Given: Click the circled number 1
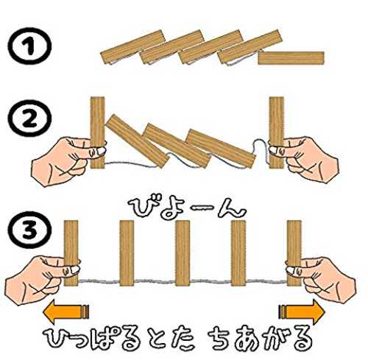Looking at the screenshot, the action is point(29,46).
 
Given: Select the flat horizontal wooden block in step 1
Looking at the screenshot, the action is point(291,58).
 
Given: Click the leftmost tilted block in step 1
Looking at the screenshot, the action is point(132,47).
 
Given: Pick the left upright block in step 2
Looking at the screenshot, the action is point(98,133).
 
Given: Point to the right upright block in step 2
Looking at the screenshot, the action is point(277,133).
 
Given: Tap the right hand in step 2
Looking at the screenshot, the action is point(304,158).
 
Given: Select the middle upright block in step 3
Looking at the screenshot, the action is point(183,253).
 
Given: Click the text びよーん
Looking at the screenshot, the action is point(186,208).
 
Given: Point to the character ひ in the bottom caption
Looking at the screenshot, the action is point(56,339).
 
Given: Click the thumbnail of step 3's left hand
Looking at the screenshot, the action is point(74,270).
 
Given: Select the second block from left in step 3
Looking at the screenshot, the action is point(127,253).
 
